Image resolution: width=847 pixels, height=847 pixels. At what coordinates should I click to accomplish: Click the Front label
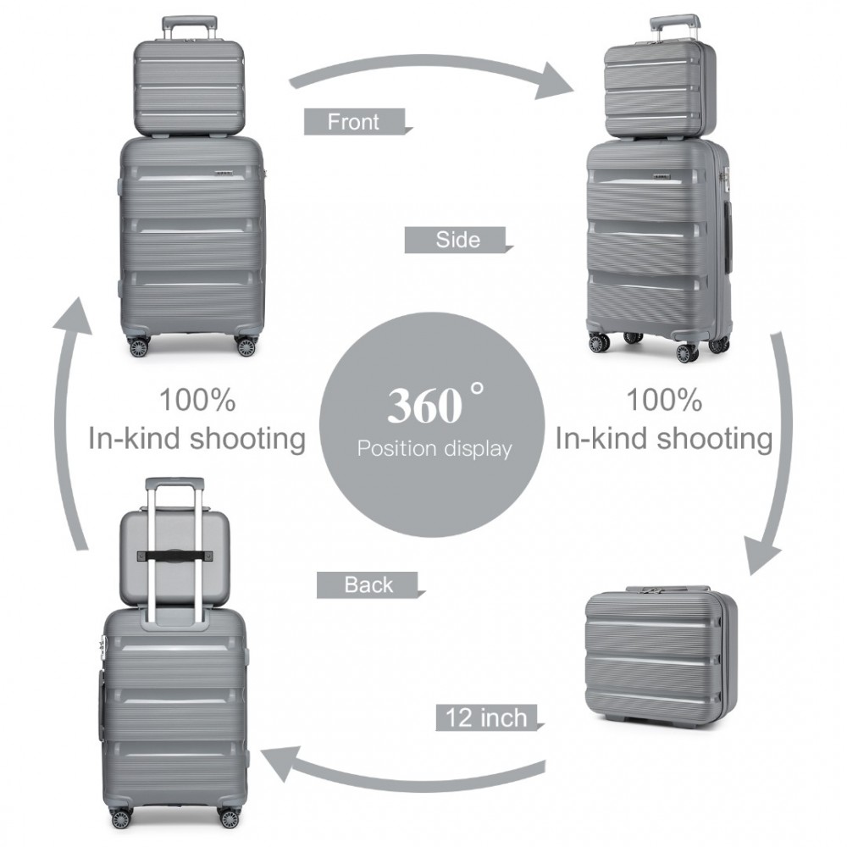click(354, 122)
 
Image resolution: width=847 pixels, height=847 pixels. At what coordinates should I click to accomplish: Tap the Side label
click(457, 240)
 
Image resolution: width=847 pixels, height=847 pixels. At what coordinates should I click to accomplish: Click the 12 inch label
click(481, 718)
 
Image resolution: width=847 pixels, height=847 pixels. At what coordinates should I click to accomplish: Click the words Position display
click(434, 448)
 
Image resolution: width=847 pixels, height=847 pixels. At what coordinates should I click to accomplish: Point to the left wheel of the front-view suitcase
click(138, 346)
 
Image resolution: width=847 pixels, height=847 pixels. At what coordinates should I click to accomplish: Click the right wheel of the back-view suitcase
click(229, 817)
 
